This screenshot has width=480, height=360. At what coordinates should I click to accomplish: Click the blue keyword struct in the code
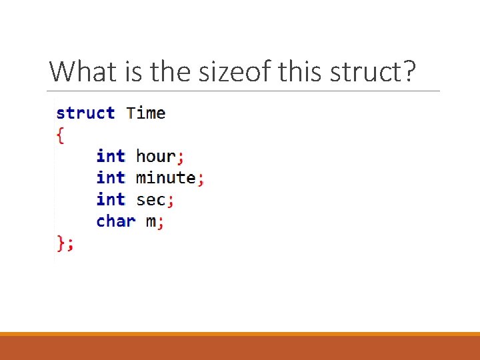click(85, 113)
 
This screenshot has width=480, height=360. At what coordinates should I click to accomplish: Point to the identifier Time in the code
click(146, 113)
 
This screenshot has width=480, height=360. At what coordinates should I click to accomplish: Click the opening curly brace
click(61, 135)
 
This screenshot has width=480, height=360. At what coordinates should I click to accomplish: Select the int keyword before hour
click(111, 156)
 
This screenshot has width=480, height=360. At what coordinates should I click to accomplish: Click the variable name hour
click(155, 156)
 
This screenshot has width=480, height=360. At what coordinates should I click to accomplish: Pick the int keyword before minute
click(111, 178)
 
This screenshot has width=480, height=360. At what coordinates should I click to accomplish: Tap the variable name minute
click(165, 178)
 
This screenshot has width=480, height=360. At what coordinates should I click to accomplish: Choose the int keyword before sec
click(111, 199)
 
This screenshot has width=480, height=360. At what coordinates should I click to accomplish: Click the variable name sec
click(151, 199)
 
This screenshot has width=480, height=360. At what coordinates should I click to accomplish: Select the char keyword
click(116, 221)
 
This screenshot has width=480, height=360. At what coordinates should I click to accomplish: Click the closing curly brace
click(61, 243)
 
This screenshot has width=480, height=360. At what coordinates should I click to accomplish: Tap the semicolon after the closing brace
click(71, 245)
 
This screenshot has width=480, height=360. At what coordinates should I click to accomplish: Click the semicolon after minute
click(201, 179)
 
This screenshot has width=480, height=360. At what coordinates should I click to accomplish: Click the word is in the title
click(131, 71)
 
